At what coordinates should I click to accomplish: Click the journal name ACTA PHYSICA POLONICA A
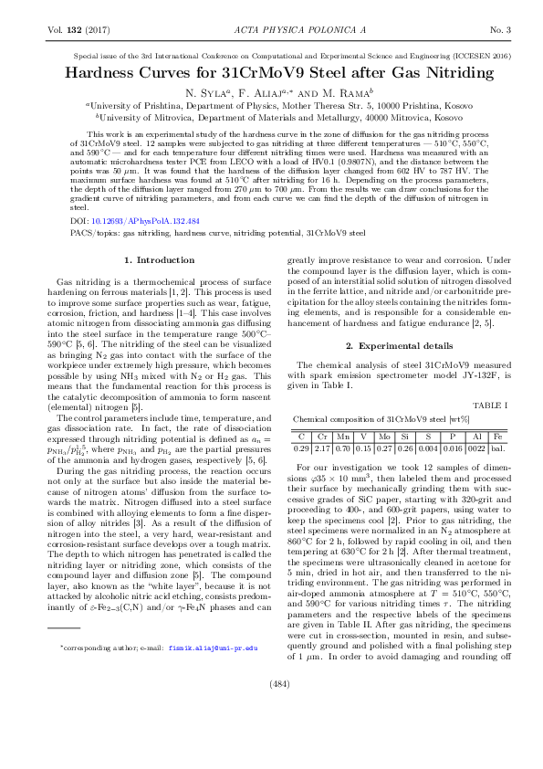[271, 30]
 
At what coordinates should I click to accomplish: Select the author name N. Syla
[207, 92]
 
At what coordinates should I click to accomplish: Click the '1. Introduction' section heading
[160, 260]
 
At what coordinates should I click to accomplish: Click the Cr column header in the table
[322, 436]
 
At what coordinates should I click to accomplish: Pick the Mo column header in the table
[385, 436]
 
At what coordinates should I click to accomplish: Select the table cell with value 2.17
[322, 448]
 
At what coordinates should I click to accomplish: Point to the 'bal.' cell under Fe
[497, 448]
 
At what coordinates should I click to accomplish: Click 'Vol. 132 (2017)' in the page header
[77, 30]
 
